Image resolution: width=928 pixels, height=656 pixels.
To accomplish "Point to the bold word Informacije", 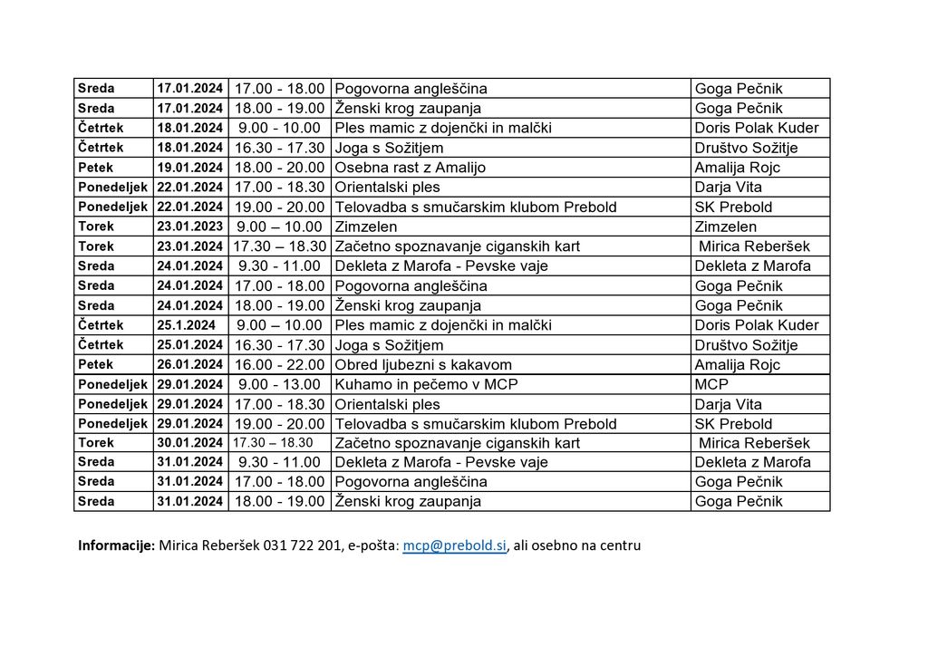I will tap(117, 545).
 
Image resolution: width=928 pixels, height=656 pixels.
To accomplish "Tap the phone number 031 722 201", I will tap(304, 545).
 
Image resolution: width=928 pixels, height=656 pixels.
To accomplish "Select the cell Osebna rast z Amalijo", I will tap(411, 168).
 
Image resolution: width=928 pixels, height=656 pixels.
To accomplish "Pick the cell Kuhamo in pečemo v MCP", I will tap(414, 384).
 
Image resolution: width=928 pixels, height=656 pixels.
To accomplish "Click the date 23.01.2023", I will tap(189, 227).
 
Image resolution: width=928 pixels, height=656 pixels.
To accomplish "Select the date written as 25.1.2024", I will tap(187, 325).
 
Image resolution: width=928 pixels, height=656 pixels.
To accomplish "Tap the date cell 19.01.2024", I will tap(189, 168).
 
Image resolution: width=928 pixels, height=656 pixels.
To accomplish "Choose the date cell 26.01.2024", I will tap(189, 365).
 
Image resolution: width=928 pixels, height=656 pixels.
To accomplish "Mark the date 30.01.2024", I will tap(189, 443).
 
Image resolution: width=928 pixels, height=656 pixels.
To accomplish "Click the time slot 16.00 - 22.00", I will tap(279, 365).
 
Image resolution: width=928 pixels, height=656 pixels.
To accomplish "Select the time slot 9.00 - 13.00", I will tap(279, 384).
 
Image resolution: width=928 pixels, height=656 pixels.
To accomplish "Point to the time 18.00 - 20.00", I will tap(279, 168).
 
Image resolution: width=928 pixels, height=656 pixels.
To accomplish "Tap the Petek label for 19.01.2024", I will tap(95, 168).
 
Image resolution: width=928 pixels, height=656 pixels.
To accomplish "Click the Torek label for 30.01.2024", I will tap(96, 443).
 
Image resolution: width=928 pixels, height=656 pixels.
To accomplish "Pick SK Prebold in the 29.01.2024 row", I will tap(733, 424).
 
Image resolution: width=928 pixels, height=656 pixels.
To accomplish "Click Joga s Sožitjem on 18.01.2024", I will tap(390, 148).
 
